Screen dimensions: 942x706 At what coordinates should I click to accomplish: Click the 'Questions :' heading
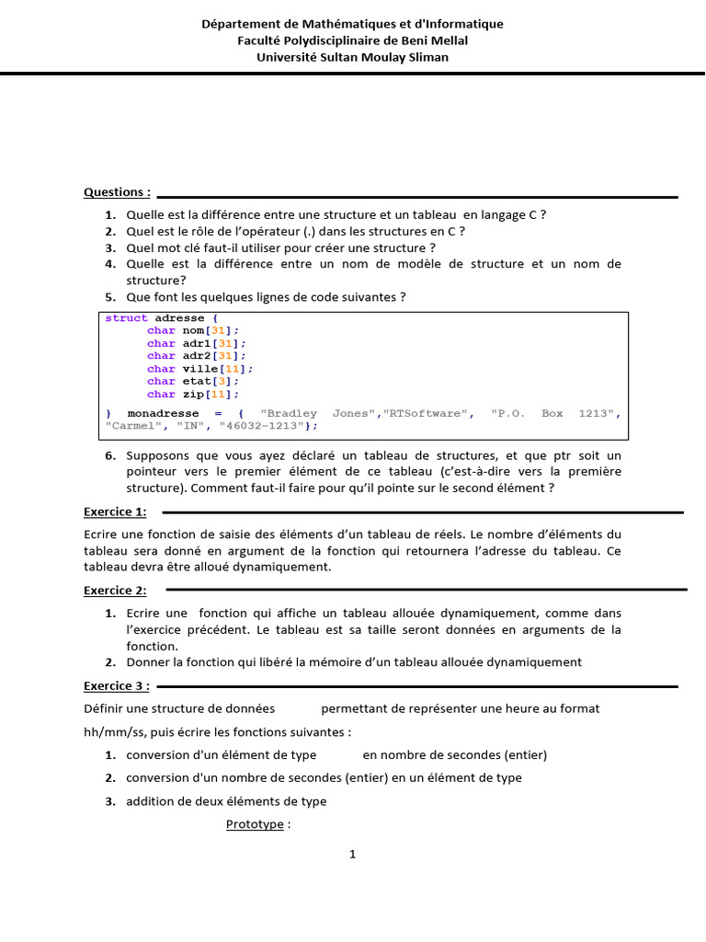[117, 192]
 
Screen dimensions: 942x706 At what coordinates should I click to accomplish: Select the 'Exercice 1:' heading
[115, 511]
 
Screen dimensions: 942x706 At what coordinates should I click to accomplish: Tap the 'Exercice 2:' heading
[115, 591]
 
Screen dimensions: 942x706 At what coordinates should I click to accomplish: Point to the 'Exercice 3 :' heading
[117, 685]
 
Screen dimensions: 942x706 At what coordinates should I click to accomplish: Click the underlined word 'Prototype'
[255, 824]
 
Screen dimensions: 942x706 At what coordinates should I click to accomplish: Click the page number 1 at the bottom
[352, 854]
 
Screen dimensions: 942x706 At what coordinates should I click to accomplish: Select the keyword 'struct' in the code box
[126, 318]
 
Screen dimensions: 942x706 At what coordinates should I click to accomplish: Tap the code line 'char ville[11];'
[199, 369]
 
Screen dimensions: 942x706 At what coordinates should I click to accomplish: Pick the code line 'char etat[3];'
[193, 381]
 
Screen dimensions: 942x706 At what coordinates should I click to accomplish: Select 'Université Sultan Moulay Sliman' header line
[352, 57]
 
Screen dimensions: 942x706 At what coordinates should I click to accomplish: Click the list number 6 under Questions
[109, 456]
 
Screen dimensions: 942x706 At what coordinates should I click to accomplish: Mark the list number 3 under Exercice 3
[109, 801]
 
